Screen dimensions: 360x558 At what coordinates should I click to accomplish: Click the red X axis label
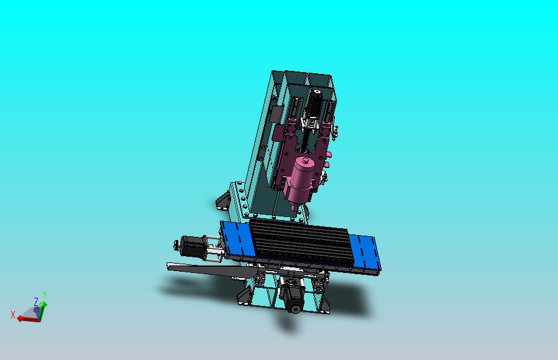click(13, 314)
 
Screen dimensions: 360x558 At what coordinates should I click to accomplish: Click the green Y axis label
click(45, 295)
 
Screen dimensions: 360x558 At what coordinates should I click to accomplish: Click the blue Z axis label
click(37, 302)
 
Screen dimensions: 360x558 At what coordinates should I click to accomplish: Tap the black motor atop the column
click(315, 103)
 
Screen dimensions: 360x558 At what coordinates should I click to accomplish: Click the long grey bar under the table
click(205, 269)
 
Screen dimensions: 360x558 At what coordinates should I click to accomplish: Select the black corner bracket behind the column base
click(222, 200)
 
